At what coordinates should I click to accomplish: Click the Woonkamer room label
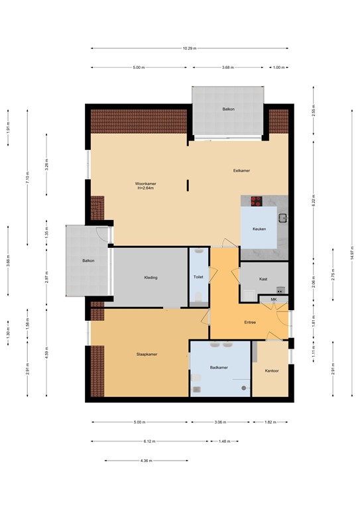tap(145, 184)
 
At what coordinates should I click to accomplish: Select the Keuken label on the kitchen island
tap(259, 229)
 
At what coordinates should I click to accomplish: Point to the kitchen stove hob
tap(256, 201)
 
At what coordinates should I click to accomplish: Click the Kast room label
tap(263, 279)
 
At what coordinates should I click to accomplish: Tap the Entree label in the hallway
tap(250, 323)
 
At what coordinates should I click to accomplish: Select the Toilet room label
tap(198, 277)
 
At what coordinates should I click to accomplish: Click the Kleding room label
tap(150, 278)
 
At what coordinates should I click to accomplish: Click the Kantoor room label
tap(271, 370)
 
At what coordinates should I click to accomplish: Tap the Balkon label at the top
tap(228, 109)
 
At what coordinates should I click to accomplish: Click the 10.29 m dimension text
tap(190, 48)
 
